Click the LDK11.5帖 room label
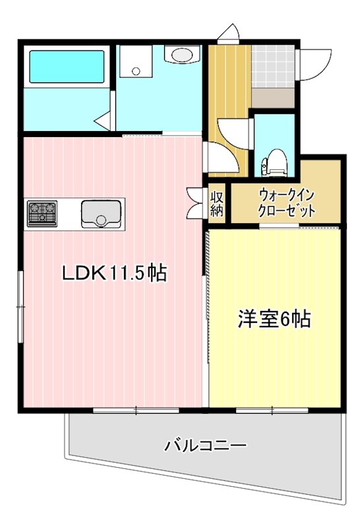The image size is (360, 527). [x=113, y=273]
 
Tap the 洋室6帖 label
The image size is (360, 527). [x=274, y=319]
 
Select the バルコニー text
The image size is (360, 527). [x=206, y=446]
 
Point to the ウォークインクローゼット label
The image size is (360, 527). [x=286, y=203]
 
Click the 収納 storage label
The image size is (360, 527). [x=217, y=204]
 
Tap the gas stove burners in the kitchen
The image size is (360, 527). [x=42, y=213]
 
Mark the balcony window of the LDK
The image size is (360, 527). [x=136, y=410]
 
